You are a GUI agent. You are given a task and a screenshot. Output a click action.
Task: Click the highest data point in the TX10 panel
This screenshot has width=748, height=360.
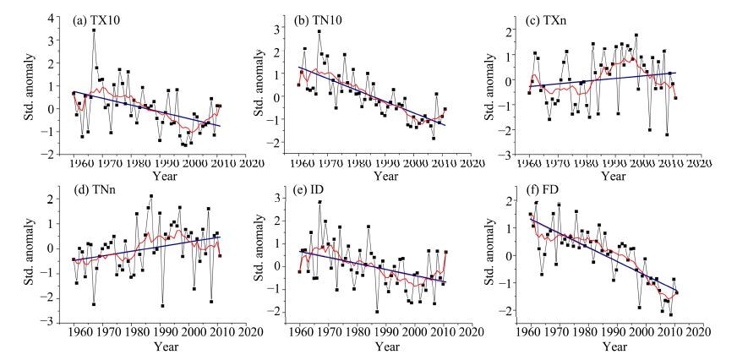(x=94, y=30)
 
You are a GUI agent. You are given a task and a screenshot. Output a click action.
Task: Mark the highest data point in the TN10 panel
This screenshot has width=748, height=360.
(x=319, y=32)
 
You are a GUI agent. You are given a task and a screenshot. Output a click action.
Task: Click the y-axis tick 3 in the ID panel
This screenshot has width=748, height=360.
(x=285, y=198)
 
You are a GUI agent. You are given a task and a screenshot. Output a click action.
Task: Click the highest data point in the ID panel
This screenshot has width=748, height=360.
(x=319, y=226)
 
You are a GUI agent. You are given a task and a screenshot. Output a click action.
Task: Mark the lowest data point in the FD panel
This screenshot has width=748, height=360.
(x=671, y=315)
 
